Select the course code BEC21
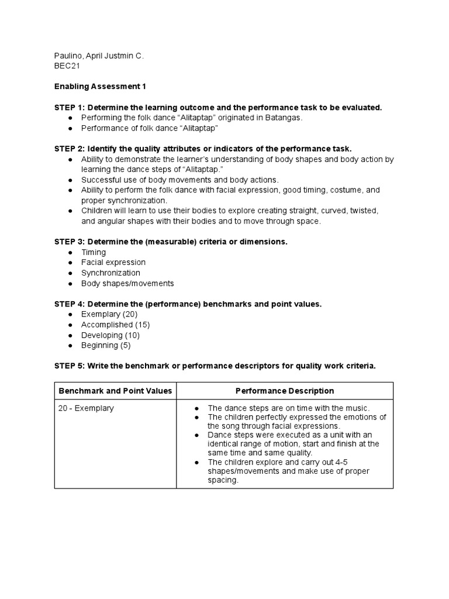point(67,67)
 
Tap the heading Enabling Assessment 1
point(100,87)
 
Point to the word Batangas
point(285,118)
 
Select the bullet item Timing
point(94,252)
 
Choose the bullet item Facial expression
point(113,263)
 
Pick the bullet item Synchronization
point(110,273)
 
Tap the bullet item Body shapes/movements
point(127,284)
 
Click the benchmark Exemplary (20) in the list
point(109,315)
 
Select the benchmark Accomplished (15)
point(115,325)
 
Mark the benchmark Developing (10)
point(110,335)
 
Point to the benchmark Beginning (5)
point(106,346)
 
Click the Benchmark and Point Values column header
point(115,391)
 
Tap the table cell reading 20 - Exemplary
point(86,408)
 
